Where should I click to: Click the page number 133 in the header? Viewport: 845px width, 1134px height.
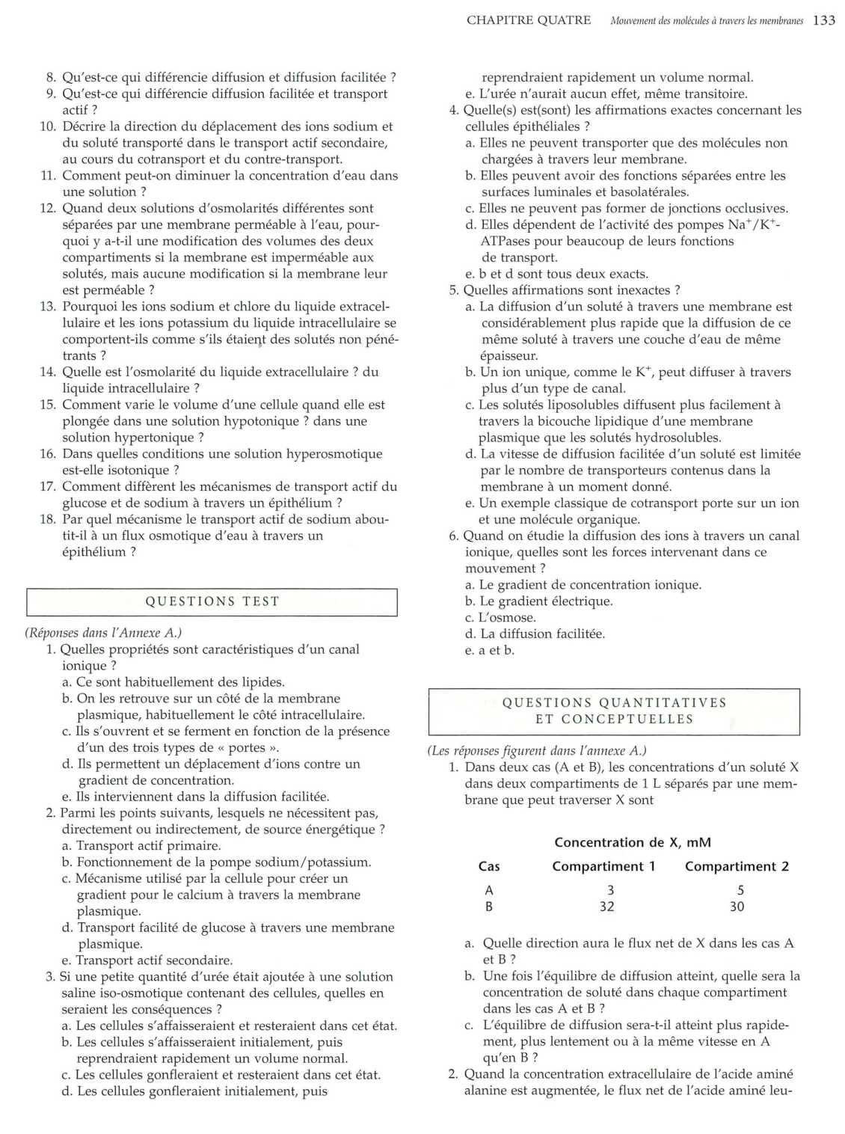(824, 20)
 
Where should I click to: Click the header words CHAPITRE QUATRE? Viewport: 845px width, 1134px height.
(528, 20)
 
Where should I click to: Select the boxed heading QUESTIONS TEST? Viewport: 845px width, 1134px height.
(212, 601)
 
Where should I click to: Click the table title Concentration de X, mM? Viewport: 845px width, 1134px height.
(633, 842)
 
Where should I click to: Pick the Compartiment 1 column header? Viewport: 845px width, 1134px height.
(603, 866)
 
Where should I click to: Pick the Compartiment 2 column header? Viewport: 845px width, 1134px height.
(737, 866)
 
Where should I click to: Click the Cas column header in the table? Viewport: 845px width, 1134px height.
(489, 866)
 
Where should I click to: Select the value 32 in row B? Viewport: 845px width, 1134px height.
(606, 907)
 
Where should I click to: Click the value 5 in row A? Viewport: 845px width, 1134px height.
(740, 890)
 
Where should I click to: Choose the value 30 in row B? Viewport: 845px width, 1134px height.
(737, 907)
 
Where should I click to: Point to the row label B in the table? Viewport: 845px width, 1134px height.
(489, 907)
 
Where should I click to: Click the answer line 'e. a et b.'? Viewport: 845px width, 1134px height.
(490, 651)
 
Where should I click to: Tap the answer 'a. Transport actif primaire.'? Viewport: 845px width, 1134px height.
(141, 846)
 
